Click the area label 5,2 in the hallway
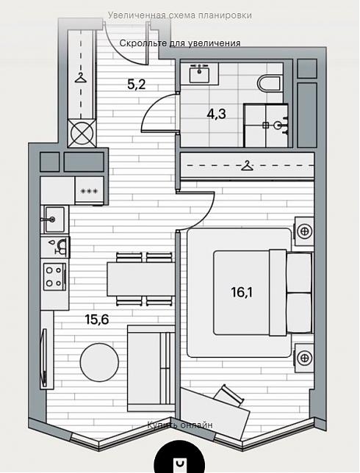[137, 84]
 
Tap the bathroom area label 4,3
[216, 114]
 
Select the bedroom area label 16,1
[242, 292]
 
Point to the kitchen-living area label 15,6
[96, 319]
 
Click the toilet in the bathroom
[270, 83]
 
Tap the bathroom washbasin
[199, 73]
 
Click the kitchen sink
[54, 220]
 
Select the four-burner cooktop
[54, 277]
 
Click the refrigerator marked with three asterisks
[90, 191]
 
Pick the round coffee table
[99, 361]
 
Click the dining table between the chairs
[141, 279]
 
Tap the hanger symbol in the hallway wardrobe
[81, 78]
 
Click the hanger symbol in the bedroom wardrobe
[247, 165]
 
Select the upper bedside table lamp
[304, 232]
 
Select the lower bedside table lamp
[304, 358]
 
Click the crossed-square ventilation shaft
[82, 134]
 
